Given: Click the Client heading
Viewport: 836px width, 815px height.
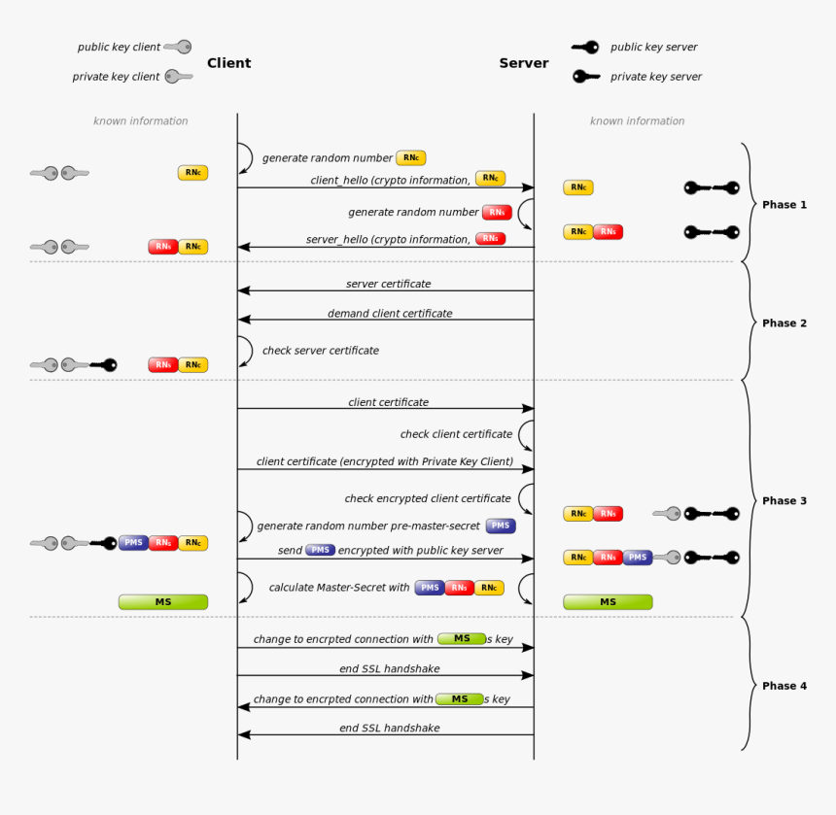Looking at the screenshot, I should (x=228, y=63).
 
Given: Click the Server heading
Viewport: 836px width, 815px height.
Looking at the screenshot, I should (x=524, y=63).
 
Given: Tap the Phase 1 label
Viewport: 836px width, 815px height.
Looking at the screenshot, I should (x=784, y=205).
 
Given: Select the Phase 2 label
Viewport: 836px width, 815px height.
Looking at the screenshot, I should (x=784, y=323).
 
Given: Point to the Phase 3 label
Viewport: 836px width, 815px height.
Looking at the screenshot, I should (x=784, y=501).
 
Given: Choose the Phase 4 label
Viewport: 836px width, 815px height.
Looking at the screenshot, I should (x=784, y=686).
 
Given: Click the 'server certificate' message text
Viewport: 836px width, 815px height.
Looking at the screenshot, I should (x=388, y=284).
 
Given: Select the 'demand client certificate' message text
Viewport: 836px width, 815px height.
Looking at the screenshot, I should (x=390, y=314).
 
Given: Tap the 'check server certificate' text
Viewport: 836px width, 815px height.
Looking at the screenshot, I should (x=321, y=351).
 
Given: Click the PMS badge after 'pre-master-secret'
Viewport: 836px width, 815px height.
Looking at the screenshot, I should (x=501, y=526).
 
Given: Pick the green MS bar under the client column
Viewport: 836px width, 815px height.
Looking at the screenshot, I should (x=163, y=602).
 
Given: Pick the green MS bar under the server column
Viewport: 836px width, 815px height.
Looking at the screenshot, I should (x=608, y=602).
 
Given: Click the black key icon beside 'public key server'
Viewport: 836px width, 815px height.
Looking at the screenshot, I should (x=585, y=47).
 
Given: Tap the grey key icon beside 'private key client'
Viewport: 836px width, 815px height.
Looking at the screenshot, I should (x=178, y=77).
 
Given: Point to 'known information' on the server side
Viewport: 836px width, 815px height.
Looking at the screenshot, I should (x=637, y=121).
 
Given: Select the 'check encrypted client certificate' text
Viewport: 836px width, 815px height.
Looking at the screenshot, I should (x=428, y=498).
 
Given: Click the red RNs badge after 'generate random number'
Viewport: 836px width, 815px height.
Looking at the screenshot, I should (x=497, y=212).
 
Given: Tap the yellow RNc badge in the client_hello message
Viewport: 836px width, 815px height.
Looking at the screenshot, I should (x=490, y=179).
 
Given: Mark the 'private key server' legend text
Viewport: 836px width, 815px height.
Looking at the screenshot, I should (x=656, y=77).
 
